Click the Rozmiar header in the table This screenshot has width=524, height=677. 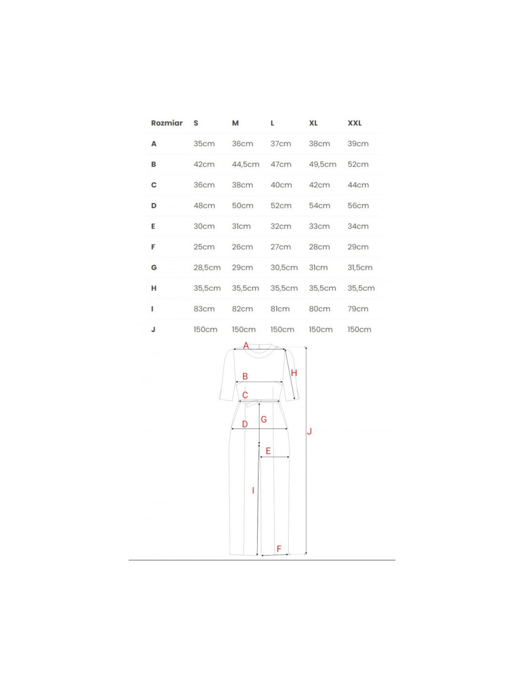coord(167,123)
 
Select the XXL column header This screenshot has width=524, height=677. coord(355,123)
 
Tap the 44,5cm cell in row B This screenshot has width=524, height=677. coord(246,165)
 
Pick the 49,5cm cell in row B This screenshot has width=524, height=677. coord(322,165)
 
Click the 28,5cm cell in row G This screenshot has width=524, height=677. coord(207,268)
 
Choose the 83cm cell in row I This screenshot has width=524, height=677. coord(204,309)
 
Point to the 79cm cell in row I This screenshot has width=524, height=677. coord(358,309)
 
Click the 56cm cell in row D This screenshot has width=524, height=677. coord(358,206)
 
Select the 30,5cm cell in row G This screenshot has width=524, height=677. coord(284,268)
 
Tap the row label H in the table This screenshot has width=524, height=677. coord(154,288)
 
